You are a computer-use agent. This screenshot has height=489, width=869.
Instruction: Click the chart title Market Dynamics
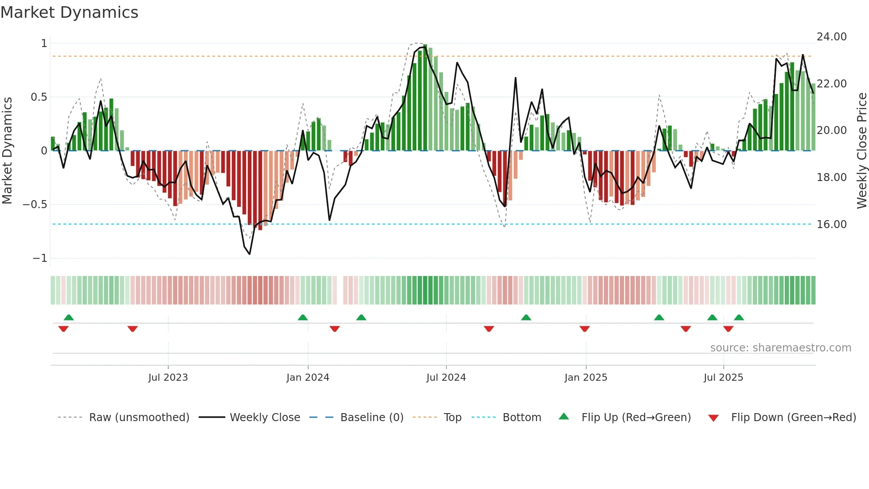[69, 12]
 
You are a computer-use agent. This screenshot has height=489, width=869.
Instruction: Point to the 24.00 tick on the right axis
[831, 37]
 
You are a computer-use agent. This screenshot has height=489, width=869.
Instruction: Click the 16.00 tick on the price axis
[831, 225]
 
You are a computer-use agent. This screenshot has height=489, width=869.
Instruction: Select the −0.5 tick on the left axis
[35, 205]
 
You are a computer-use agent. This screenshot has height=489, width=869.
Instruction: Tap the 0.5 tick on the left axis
[39, 97]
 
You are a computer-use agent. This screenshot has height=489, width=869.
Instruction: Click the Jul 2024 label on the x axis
[446, 378]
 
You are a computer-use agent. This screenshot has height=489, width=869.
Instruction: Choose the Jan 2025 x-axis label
[585, 378]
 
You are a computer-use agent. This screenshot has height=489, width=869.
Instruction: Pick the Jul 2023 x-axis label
[168, 378]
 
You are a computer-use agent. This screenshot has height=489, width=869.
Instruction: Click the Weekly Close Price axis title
[861, 151]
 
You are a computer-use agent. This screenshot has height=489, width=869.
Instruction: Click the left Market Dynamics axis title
[7, 151]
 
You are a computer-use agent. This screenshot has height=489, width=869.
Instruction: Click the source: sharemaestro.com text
[780, 348]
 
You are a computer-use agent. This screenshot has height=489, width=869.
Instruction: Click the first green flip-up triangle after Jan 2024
[361, 317]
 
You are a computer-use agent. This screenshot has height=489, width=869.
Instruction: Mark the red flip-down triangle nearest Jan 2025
[584, 329]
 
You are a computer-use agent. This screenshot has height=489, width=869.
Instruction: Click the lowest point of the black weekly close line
[250, 254]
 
